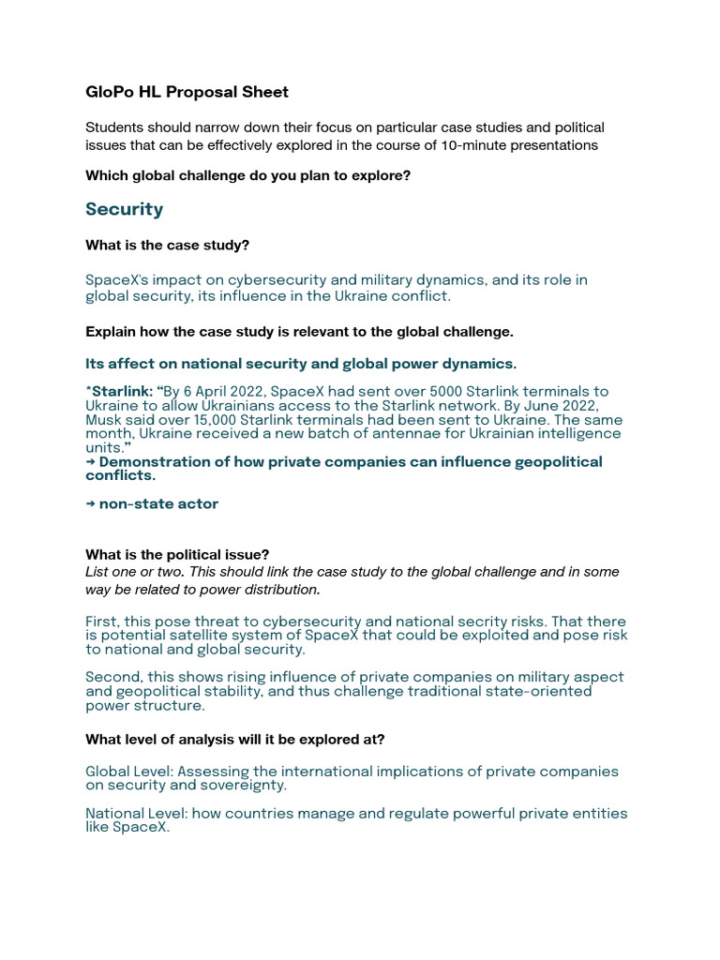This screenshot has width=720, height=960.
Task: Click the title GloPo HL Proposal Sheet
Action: (x=187, y=92)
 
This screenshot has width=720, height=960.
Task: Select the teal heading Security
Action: (x=124, y=209)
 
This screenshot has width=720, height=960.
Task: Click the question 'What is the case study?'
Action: (x=167, y=245)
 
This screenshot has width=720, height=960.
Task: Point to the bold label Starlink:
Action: (x=122, y=392)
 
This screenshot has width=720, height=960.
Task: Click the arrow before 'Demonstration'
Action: (x=90, y=462)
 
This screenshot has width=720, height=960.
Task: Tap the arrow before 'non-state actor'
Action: (x=90, y=504)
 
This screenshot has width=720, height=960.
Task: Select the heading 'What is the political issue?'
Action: (x=177, y=554)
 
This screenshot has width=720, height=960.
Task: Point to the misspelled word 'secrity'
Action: (x=449, y=622)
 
